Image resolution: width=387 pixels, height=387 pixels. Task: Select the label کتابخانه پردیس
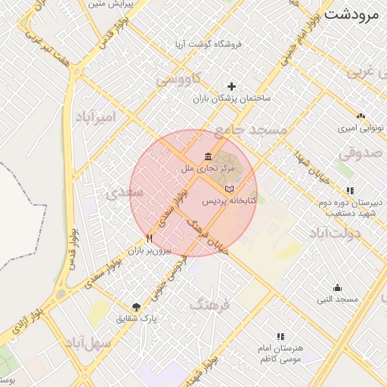229,203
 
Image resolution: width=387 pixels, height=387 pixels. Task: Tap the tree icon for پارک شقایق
136,306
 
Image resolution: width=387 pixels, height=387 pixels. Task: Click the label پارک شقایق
136,319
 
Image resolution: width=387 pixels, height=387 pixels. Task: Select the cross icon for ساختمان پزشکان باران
231,86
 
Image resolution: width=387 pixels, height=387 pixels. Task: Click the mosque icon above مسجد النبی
337,287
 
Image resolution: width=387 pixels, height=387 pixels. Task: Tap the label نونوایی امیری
358,128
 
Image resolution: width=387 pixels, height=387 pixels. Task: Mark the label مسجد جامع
250,131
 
